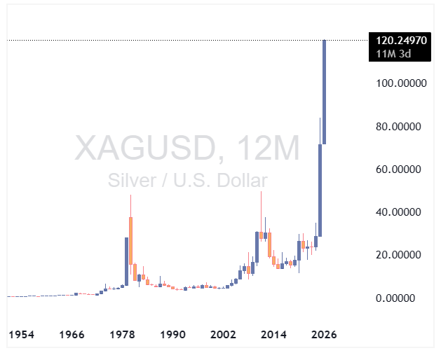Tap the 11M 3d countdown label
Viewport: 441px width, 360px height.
point(393,53)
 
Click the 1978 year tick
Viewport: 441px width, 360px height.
point(123,335)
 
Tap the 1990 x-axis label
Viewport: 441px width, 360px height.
point(172,335)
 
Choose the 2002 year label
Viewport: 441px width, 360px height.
point(223,335)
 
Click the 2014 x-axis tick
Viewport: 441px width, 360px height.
point(274,335)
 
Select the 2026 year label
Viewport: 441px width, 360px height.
point(325,335)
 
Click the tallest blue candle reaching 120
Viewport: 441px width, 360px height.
point(324,91)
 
